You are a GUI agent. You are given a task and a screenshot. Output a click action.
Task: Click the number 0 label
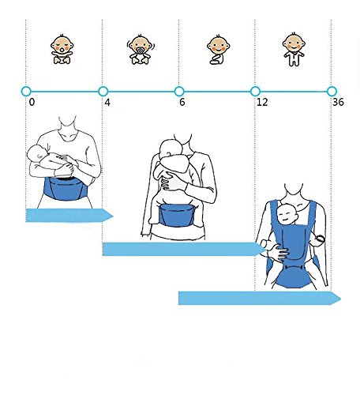[32, 102]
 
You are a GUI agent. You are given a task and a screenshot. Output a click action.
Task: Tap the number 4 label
[107, 102]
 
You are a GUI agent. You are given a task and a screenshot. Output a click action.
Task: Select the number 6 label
[182, 102]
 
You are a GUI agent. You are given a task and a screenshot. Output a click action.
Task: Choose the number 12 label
[262, 102]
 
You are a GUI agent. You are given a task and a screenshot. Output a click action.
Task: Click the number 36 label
[338, 102]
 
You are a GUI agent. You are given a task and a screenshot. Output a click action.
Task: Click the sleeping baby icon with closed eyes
[62, 49]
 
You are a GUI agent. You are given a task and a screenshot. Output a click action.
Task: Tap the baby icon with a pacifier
[141, 49]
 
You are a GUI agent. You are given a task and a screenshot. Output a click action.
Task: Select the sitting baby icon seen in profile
[218, 50]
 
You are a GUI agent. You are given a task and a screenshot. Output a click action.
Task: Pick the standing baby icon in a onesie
[294, 49]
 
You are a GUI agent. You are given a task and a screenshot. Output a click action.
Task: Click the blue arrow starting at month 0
[69, 216]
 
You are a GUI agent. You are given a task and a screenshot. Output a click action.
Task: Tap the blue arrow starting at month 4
[184, 249]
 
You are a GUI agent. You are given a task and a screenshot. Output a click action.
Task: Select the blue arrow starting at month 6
[260, 298]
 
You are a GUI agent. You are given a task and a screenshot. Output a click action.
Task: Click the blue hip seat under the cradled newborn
[65, 189]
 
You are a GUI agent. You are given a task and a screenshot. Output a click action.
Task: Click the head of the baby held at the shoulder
[171, 149]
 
